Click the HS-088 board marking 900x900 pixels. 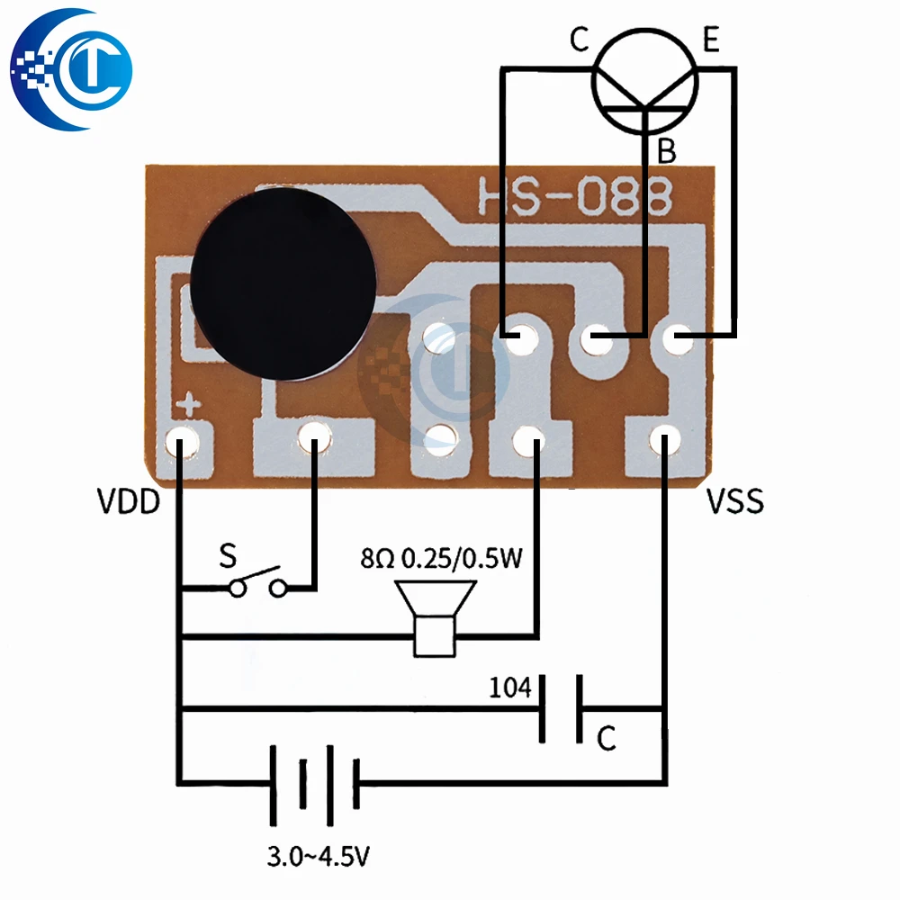pyautogui.click(x=575, y=196)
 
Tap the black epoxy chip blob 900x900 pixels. pyautogui.click(x=283, y=284)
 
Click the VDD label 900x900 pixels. pyautogui.click(x=129, y=500)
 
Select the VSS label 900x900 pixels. pyautogui.click(x=734, y=500)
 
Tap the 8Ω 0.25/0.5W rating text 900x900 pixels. pyautogui.click(x=441, y=560)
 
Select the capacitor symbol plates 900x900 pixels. pyautogui.click(x=559, y=708)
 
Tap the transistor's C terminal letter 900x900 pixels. pyautogui.click(x=579, y=40)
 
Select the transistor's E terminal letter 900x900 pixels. pyautogui.click(x=711, y=40)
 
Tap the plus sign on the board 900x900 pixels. pyautogui.click(x=189, y=406)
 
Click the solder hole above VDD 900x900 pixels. pyautogui.click(x=184, y=441)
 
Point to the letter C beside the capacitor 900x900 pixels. pyautogui.click(x=607, y=740)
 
